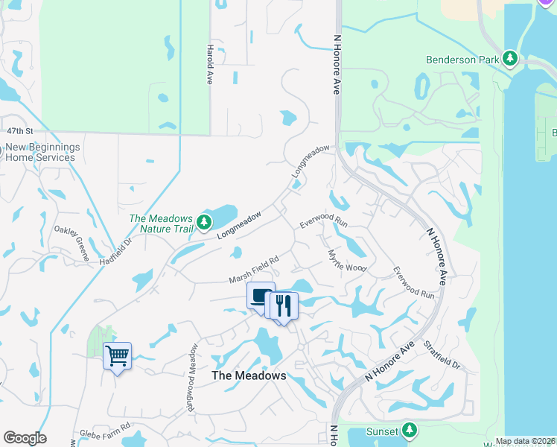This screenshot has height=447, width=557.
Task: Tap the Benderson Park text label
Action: [x=461, y=59]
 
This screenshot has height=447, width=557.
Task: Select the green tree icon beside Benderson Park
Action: [x=510, y=58]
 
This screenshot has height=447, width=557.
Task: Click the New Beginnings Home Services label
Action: [x=42, y=152]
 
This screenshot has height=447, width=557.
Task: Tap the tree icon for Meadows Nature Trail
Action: [x=203, y=222]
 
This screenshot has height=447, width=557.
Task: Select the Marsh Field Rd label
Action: [x=253, y=270]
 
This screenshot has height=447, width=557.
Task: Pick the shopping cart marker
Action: [x=117, y=356]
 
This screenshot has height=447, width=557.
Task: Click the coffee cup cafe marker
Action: [x=261, y=296]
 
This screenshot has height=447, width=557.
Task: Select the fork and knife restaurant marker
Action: [x=284, y=305]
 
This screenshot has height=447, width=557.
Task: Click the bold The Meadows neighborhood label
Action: [x=249, y=375]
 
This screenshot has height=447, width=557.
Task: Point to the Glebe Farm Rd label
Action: [x=104, y=434]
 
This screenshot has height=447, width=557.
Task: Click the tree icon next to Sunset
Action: [x=409, y=431]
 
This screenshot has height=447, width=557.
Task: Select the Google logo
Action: [x=25, y=438]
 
